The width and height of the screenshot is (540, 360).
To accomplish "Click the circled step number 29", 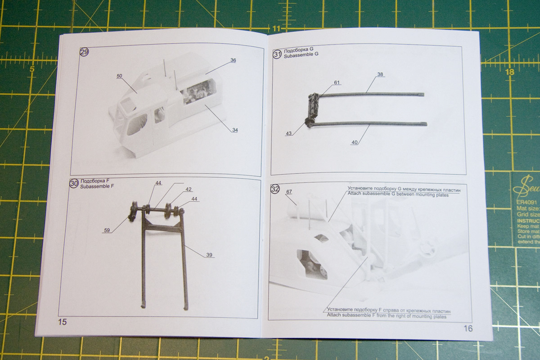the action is pos(84,52).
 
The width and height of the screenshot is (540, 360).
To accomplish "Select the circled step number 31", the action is pos(277,54).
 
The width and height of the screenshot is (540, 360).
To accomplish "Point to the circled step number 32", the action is pos(275,189).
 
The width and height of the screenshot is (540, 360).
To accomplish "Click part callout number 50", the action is pos(119,76).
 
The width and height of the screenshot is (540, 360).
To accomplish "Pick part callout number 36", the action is pos(233,60).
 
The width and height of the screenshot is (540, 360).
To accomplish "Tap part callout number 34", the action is pos(235,130).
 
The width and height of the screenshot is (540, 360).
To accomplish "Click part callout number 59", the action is pos(107,230).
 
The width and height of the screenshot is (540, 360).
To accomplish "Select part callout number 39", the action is pos(209,255).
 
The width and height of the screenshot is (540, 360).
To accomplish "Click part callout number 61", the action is pos(337,82).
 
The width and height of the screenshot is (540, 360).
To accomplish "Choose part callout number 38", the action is pos(380,74).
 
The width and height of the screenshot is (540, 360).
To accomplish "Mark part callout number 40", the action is pos(355,142).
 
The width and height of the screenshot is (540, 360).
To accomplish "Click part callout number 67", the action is pos(289,192).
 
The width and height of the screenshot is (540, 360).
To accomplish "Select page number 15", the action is pos(62,321).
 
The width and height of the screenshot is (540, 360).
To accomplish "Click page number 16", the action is pos(468,328).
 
